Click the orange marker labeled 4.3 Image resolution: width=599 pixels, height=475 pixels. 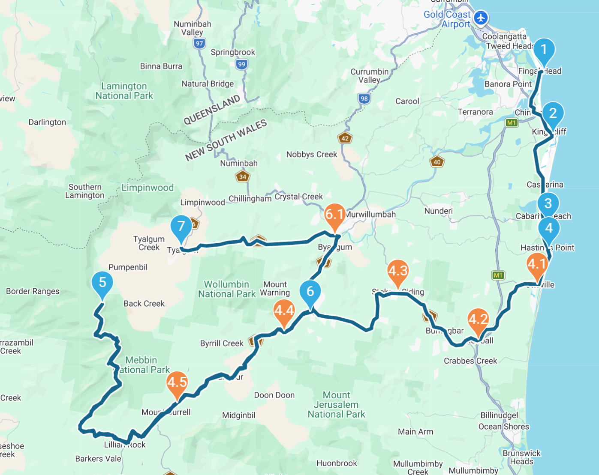click(x=397, y=272)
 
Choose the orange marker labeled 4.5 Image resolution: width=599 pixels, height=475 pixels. click(x=177, y=382)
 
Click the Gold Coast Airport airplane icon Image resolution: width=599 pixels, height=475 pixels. click(x=481, y=18)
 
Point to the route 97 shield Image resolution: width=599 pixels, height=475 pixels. click(x=199, y=43)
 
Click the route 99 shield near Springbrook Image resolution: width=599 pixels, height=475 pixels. click(x=241, y=64)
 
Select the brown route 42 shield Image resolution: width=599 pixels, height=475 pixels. click(x=345, y=138)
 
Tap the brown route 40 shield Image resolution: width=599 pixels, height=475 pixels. click(x=437, y=162)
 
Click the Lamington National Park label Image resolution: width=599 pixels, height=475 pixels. click(x=124, y=91)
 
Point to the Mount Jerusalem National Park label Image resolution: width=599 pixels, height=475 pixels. click(x=336, y=405)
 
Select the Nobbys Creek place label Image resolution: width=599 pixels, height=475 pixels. click(x=312, y=155)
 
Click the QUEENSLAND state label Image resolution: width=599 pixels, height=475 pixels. click(x=211, y=110)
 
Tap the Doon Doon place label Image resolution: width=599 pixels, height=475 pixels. click(x=274, y=395)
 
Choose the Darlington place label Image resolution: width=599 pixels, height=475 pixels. click(x=47, y=122)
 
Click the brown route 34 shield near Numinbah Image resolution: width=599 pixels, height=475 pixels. click(x=243, y=176)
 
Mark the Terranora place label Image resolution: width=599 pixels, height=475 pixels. click(x=475, y=112)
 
